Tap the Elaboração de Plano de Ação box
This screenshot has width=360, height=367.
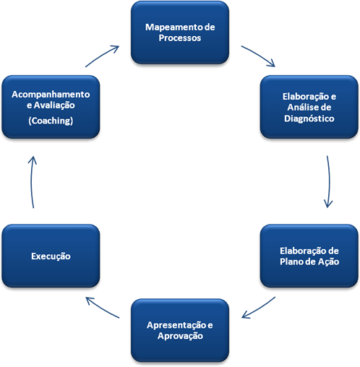click(x=309, y=256)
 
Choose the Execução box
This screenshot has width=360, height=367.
click(x=51, y=256)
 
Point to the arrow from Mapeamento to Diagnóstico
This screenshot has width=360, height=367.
click(x=259, y=56)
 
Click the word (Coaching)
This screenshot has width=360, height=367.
click(x=51, y=121)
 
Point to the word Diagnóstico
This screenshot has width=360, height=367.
click(x=309, y=118)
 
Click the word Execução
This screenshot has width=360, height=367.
click(x=51, y=256)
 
